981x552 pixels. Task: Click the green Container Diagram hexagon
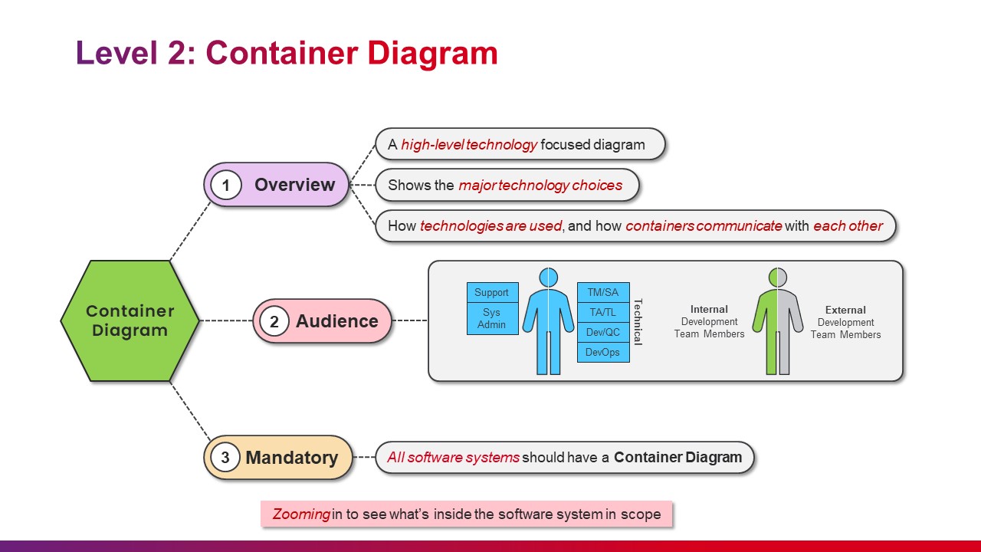pos(130,320)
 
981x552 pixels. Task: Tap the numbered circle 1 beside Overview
pos(226,185)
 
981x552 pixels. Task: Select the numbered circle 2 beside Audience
pos(274,321)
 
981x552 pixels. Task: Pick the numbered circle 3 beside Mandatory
pos(225,458)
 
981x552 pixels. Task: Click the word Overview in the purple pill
pos(295,185)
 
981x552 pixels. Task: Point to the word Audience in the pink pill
pos(336,321)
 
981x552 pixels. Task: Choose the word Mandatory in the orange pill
pos(292,458)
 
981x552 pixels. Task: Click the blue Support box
pos(493,292)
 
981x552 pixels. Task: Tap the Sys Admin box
pos(493,318)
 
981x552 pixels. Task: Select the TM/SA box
pos(603,293)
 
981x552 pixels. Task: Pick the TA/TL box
pos(603,312)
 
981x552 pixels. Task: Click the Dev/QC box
pos(603,333)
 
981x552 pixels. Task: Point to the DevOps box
pos(603,352)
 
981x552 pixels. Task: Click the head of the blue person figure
pos(548,278)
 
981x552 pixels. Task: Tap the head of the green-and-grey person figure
pos(778,278)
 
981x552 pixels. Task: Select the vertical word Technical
pos(638,322)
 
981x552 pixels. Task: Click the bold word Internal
pos(709,309)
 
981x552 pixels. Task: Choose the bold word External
pos(845,310)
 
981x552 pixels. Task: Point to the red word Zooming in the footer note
pos(301,514)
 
